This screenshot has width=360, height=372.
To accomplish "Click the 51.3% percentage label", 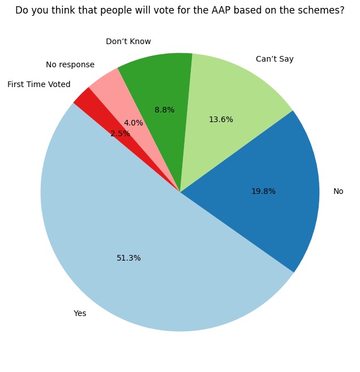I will pos(128,258).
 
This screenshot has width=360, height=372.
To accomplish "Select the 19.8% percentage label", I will pos(263,192).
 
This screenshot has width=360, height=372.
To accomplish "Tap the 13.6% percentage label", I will pos(221,119).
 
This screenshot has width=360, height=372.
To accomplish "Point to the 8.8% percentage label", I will pos(164,110).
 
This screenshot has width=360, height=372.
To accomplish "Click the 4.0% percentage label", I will pos(134,123).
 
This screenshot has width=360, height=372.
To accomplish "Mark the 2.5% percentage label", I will pos(120,134).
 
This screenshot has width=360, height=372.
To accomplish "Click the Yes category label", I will pos(80,313).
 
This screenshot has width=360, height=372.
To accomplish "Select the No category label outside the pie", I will pos(338,192).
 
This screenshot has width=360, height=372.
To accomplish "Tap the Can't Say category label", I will pos(275,59).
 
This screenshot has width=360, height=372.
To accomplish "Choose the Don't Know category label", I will pos(128,41).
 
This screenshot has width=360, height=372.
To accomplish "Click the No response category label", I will pos(70,64).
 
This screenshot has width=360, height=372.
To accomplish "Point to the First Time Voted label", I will pos(39,84).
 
